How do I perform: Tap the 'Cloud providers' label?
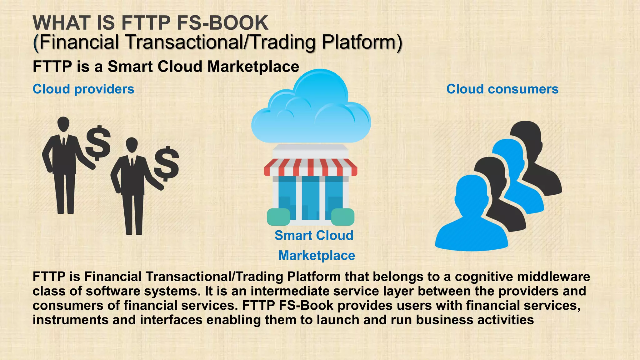coord(83,89)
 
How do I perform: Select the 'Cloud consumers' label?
coord(502,89)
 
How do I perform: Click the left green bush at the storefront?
coord(278,217)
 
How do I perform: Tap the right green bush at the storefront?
coord(342,217)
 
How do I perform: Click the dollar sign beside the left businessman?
coord(98,143)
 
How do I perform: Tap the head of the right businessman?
coord(132,145)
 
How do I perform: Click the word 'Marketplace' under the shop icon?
coord(317,255)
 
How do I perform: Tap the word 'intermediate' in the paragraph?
coord(290,291)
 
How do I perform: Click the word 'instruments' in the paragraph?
coord(70,320)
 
